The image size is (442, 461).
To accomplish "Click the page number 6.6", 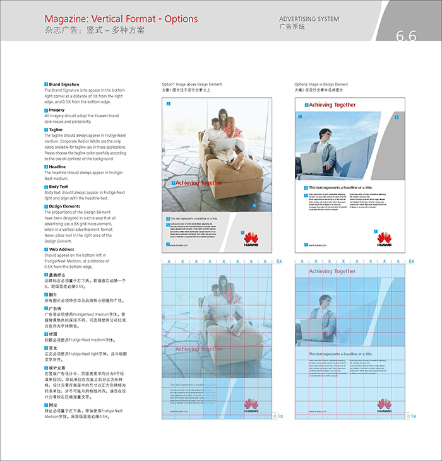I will click(x=406, y=36).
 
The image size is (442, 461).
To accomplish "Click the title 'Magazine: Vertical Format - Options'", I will click(x=121, y=20).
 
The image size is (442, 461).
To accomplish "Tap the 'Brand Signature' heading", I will click(x=64, y=84).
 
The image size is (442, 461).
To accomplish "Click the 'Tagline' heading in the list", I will click(x=56, y=129).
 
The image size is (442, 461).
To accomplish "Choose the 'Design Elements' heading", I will click(x=65, y=206).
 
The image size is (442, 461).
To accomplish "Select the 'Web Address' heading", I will click(x=62, y=249).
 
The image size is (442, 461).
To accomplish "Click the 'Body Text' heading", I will click(x=59, y=187).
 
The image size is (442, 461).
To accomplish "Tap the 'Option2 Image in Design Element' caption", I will click(x=321, y=84).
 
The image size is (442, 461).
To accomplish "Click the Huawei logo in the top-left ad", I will click(x=251, y=238).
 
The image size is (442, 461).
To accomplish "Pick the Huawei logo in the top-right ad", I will click(x=384, y=238).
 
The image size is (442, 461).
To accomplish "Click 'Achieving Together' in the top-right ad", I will click(x=332, y=105).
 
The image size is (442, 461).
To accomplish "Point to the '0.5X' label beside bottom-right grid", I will click(x=411, y=416).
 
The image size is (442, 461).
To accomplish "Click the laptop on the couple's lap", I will click(x=221, y=144).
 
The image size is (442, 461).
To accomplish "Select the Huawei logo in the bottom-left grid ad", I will click(x=251, y=405).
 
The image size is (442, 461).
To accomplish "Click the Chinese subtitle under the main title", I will click(x=95, y=30).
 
